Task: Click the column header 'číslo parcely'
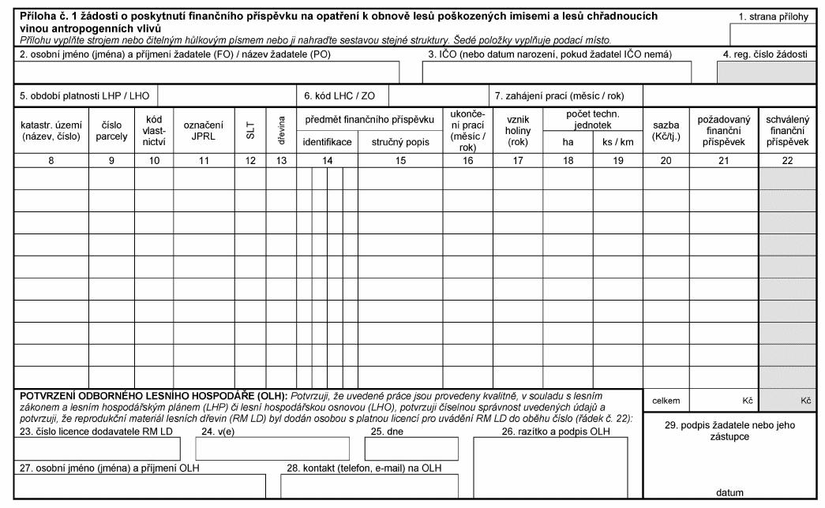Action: pos(111,130)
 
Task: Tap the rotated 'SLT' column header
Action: pos(250,130)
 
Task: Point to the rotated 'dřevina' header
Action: pos(281,130)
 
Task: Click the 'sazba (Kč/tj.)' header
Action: pos(666,130)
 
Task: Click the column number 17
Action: pos(518,160)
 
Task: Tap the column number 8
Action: pos(51,160)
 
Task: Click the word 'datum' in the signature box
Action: pos(729,492)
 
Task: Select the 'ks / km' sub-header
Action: pos(618,143)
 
